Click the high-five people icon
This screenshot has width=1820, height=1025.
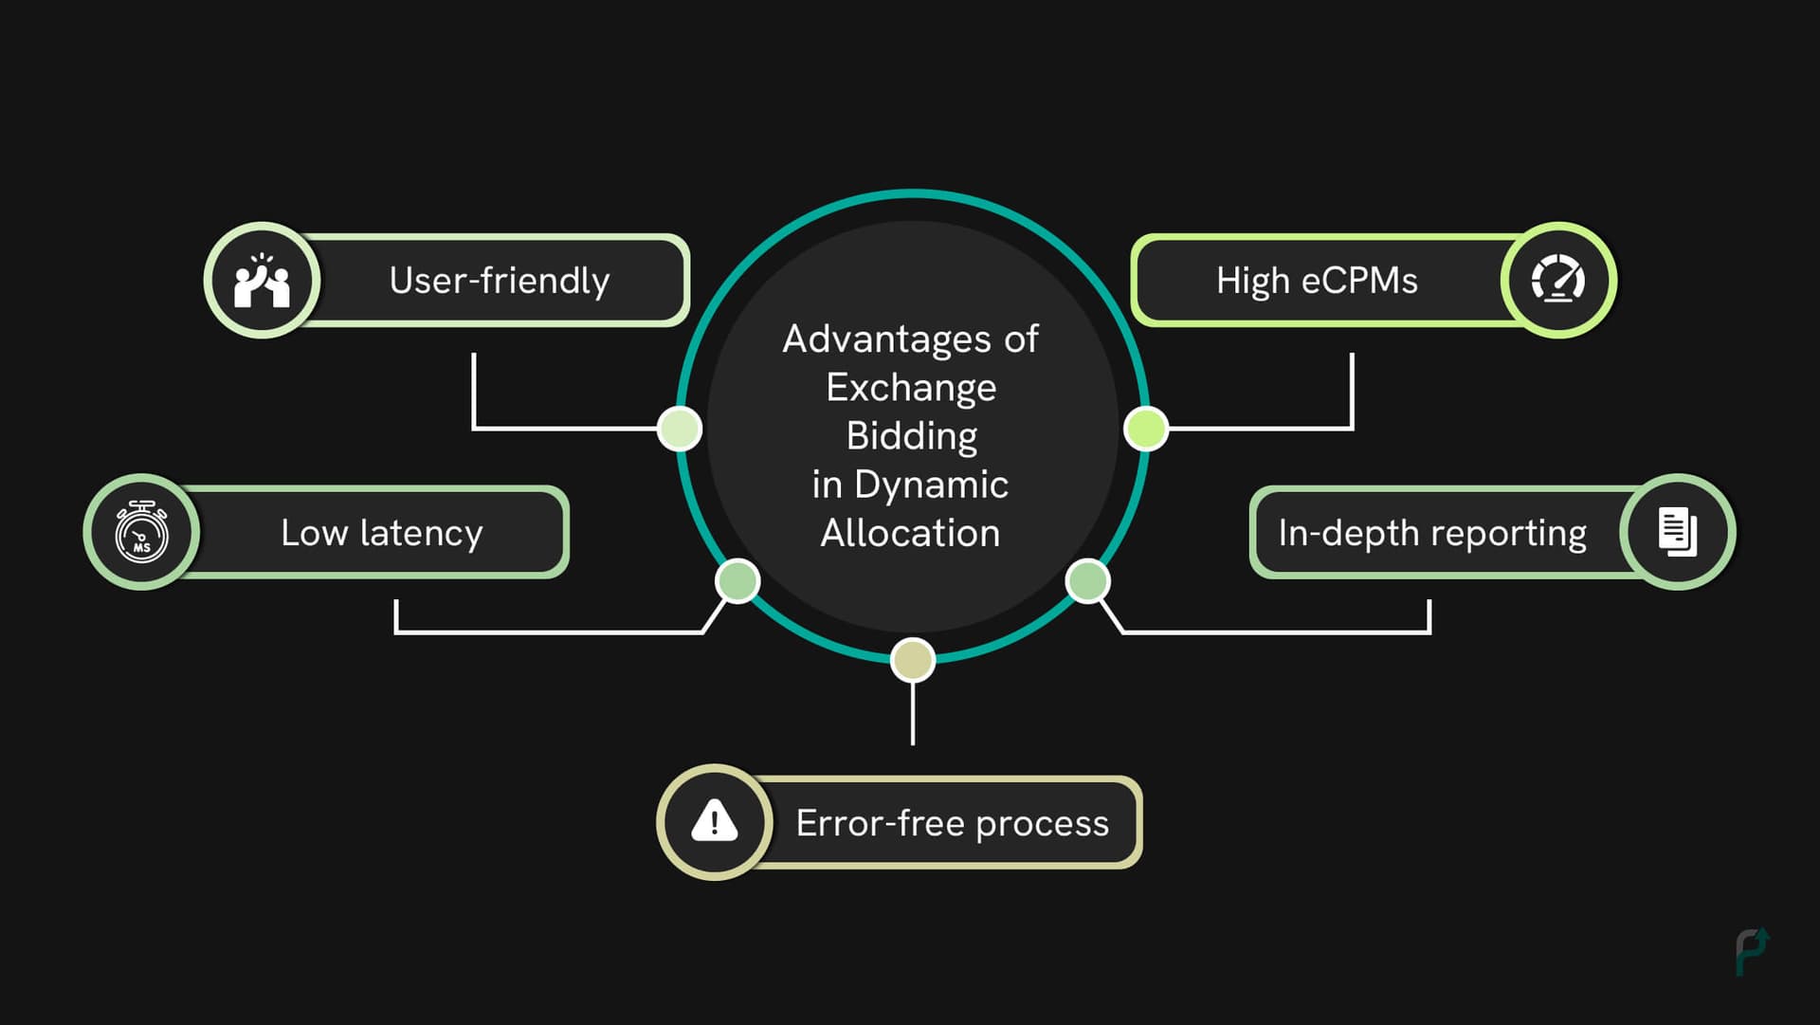coord(262,281)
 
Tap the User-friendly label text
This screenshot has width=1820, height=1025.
coord(499,281)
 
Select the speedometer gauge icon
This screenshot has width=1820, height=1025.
coord(1557,281)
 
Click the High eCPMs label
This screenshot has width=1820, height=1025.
coord(1317,281)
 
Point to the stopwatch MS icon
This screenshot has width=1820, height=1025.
coord(141,532)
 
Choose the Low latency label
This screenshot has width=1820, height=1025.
coord(381,533)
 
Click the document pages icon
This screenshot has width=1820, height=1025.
coord(1677,532)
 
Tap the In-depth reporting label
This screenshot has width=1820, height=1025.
coord(1431,533)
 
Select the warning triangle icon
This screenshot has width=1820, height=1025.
coord(714,821)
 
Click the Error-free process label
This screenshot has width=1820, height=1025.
coord(952,823)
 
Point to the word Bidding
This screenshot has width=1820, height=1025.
coord(911,436)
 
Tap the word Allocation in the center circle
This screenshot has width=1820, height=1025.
coord(910,533)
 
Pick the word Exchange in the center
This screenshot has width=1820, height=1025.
coord(911,387)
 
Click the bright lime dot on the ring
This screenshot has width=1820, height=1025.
coord(1145,429)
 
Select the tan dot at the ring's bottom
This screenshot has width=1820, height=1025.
coord(913,660)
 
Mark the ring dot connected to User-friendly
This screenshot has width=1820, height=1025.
coord(680,429)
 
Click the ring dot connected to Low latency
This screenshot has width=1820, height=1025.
coord(737,580)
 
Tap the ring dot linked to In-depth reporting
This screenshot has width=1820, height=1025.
coord(1087,580)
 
